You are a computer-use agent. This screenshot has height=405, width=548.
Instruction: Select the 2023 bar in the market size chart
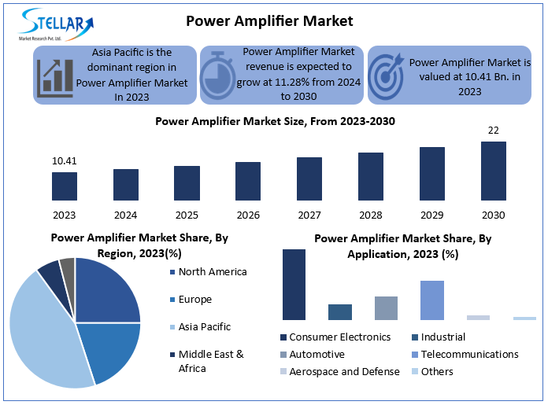pyautogui.click(x=65, y=186)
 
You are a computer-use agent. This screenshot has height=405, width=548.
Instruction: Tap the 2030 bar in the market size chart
pyautogui.click(x=494, y=171)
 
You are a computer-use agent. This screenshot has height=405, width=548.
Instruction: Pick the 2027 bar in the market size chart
pyautogui.click(x=309, y=179)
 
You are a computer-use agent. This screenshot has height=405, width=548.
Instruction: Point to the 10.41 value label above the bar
pyautogui.click(x=65, y=161)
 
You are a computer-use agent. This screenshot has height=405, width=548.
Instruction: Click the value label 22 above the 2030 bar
pyautogui.click(x=494, y=130)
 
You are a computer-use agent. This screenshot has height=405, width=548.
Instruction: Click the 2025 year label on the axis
pyautogui.click(x=187, y=215)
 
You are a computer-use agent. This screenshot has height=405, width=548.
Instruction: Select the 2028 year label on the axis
pyautogui.click(x=371, y=215)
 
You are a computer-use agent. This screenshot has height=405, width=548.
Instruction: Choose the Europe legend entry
pyautogui.click(x=194, y=300)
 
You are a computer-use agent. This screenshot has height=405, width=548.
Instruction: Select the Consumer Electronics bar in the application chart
pyautogui.click(x=294, y=284)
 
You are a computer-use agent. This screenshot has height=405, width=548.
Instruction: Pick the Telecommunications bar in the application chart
pyautogui.click(x=431, y=300)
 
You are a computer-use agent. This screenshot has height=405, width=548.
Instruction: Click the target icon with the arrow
pyautogui.click(x=386, y=75)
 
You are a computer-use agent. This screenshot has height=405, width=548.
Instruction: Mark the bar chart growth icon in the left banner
pyautogui.click(x=54, y=75)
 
